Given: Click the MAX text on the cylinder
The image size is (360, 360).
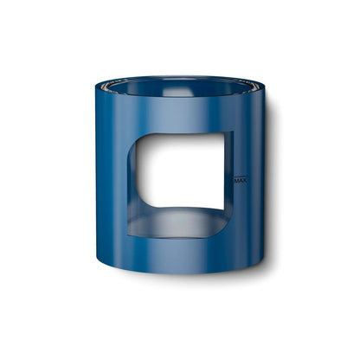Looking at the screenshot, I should (x=241, y=181).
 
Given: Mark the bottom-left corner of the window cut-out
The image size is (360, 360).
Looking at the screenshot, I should (x=132, y=233).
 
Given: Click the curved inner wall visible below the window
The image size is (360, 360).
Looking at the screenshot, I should (x=177, y=222).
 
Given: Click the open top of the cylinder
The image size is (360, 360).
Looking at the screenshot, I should (x=179, y=86).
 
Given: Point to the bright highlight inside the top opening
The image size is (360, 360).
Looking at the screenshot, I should (x=179, y=91).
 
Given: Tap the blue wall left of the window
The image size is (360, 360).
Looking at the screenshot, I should (x=112, y=182).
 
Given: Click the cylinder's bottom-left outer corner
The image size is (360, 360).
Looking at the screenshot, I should (x=99, y=260).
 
